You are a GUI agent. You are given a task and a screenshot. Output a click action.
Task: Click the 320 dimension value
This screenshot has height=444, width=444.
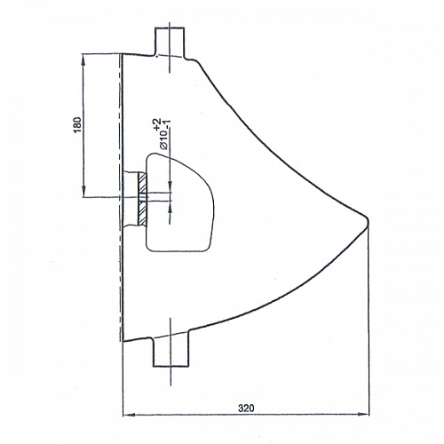(246, 408)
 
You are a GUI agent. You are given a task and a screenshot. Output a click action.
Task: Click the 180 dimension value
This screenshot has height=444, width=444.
(77, 125)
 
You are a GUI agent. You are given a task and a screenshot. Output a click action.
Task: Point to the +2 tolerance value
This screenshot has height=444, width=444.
(157, 123)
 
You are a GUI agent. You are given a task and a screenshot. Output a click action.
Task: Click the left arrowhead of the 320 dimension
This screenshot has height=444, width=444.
(129, 415)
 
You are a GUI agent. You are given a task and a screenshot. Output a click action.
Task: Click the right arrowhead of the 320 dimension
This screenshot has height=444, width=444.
(363, 414)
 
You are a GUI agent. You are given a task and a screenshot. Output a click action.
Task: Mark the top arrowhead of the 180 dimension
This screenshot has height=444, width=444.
(83, 59)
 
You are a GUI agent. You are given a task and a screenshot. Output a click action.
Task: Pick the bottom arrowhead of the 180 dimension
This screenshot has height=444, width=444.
(83, 191)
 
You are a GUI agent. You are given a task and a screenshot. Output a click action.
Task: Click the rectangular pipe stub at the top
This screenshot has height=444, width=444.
(170, 42)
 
